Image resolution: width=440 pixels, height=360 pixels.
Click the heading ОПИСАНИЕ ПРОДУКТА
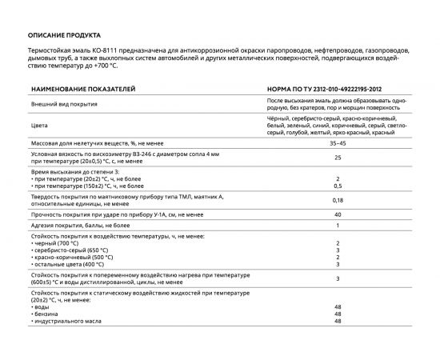(64, 36)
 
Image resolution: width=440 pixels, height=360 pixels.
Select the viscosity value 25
(338, 158)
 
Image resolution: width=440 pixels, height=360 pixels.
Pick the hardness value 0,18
(338, 202)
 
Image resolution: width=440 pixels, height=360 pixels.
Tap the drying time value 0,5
(338, 185)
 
